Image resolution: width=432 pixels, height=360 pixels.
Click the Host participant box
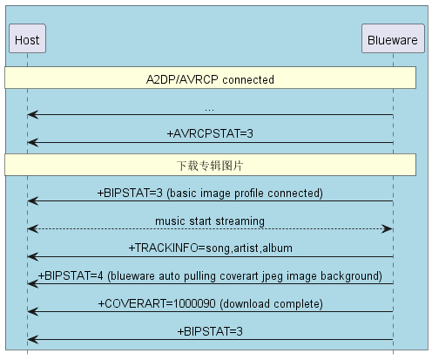click(27, 38)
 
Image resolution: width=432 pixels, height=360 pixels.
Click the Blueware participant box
click(393, 38)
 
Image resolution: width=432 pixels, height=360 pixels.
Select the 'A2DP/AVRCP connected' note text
click(210, 79)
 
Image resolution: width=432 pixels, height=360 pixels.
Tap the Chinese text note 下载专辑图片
click(210, 166)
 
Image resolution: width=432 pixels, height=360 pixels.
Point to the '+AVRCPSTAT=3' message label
click(210, 133)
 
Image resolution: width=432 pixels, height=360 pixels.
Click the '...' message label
click(209, 110)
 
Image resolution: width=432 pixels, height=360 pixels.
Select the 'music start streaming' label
click(210, 221)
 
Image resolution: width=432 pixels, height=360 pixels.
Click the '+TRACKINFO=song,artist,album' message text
click(210, 248)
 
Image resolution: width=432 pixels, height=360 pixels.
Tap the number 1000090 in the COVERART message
click(194, 303)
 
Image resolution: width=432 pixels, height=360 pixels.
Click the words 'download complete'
click(271, 304)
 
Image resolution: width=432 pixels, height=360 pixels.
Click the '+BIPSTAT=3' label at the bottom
click(210, 331)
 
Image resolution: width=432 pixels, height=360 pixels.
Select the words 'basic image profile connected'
click(245, 194)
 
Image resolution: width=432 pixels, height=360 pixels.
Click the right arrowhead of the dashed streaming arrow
click(388, 228)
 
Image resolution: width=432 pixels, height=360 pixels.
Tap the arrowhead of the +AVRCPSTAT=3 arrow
click(33, 143)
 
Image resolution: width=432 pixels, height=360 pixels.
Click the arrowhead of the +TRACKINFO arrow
click(33, 256)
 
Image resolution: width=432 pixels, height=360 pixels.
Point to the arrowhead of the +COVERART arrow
click(33, 312)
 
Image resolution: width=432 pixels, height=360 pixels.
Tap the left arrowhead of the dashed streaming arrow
click(33, 228)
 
